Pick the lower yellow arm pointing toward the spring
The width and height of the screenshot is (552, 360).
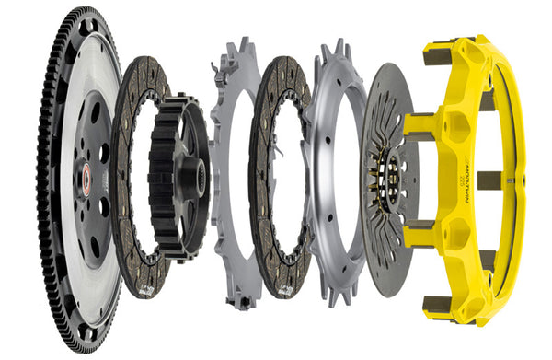(420, 225)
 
